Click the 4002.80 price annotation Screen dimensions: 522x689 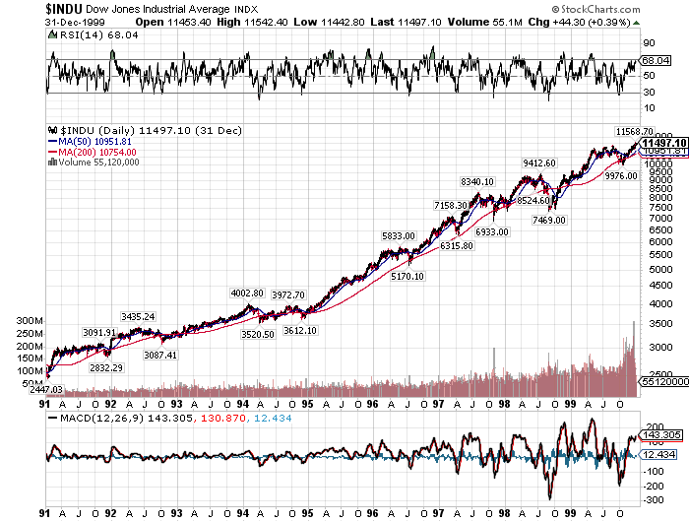click(x=247, y=293)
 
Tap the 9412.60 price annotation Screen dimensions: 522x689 click(x=539, y=163)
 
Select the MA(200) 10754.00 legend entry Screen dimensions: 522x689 click(x=95, y=152)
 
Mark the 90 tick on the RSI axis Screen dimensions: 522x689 click(x=649, y=43)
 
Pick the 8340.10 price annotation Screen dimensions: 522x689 click(x=477, y=180)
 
